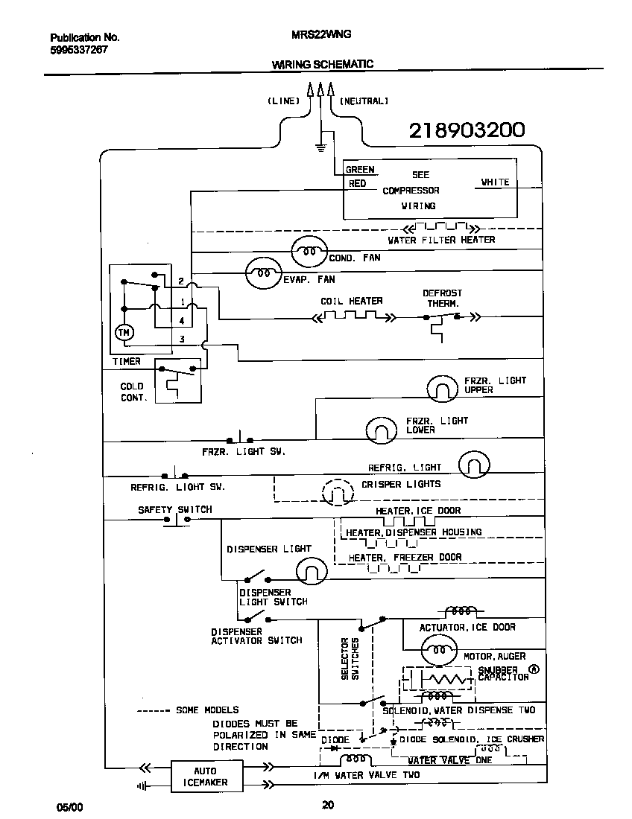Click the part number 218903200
467,130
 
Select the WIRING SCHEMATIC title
322,65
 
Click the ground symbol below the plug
321,147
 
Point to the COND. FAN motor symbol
308,251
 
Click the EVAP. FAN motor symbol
264,273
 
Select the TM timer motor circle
124,332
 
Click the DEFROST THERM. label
443,299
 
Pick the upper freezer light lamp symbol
442,388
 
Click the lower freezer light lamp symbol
382,430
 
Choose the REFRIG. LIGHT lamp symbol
474,466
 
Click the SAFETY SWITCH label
174,510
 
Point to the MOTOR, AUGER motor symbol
437,649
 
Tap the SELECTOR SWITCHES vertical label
350,658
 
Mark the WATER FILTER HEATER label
441,240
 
